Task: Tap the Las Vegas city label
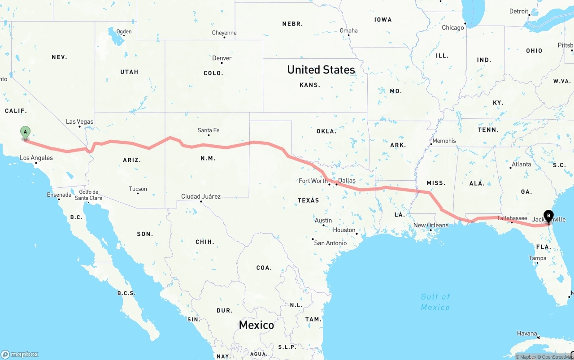(x=79, y=121)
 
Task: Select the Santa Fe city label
(x=209, y=130)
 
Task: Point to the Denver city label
(x=222, y=58)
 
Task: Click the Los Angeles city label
(x=36, y=158)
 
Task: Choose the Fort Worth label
(x=313, y=181)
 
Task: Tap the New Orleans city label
(x=430, y=225)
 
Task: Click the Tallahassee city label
(x=512, y=218)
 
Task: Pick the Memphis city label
(x=444, y=141)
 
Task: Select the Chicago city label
(x=453, y=28)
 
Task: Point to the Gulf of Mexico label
(x=435, y=302)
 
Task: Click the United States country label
(x=321, y=69)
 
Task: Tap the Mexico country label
(x=257, y=325)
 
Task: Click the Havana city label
(x=527, y=333)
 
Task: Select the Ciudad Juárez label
(x=201, y=196)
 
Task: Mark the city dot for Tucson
(x=138, y=194)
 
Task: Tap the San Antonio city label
(x=330, y=243)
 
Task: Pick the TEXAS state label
(x=309, y=200)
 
